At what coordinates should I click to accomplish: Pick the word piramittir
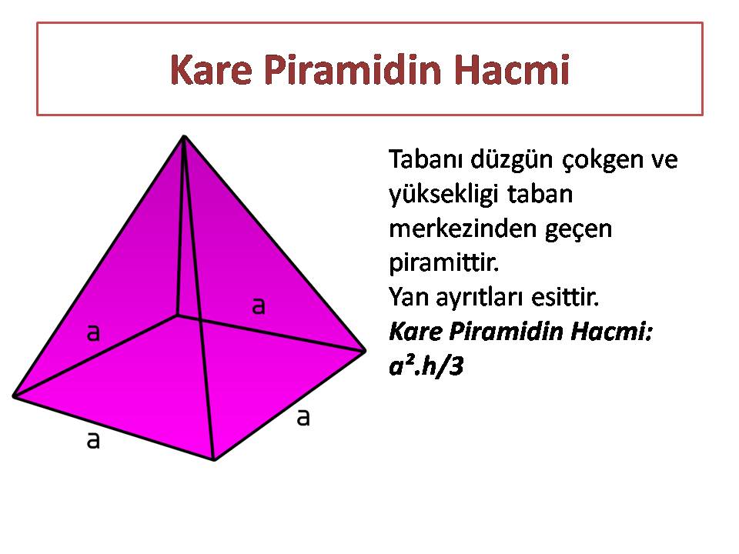click(x=443, y=263)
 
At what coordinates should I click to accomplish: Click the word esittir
click(x=565, y=297)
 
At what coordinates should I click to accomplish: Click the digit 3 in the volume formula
click(x=456, y=366)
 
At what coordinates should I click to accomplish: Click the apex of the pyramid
click(x=184, y=136)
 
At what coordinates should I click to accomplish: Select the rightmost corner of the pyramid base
click(x=364, y=351)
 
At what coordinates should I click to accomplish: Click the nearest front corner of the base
click(x=215, y=459)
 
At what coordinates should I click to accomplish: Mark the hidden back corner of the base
click(x=178, y=315)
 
